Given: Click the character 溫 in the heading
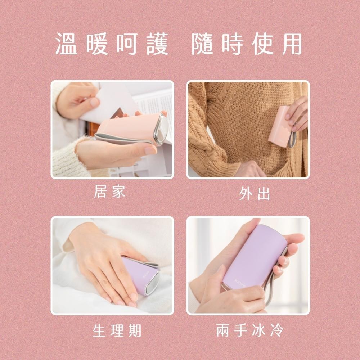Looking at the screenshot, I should tap(67, 44).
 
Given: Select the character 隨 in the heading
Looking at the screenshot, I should tap(204, 44).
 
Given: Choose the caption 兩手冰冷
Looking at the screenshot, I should tap(250, 330).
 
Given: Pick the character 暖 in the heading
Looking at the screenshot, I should tap(98, 44).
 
